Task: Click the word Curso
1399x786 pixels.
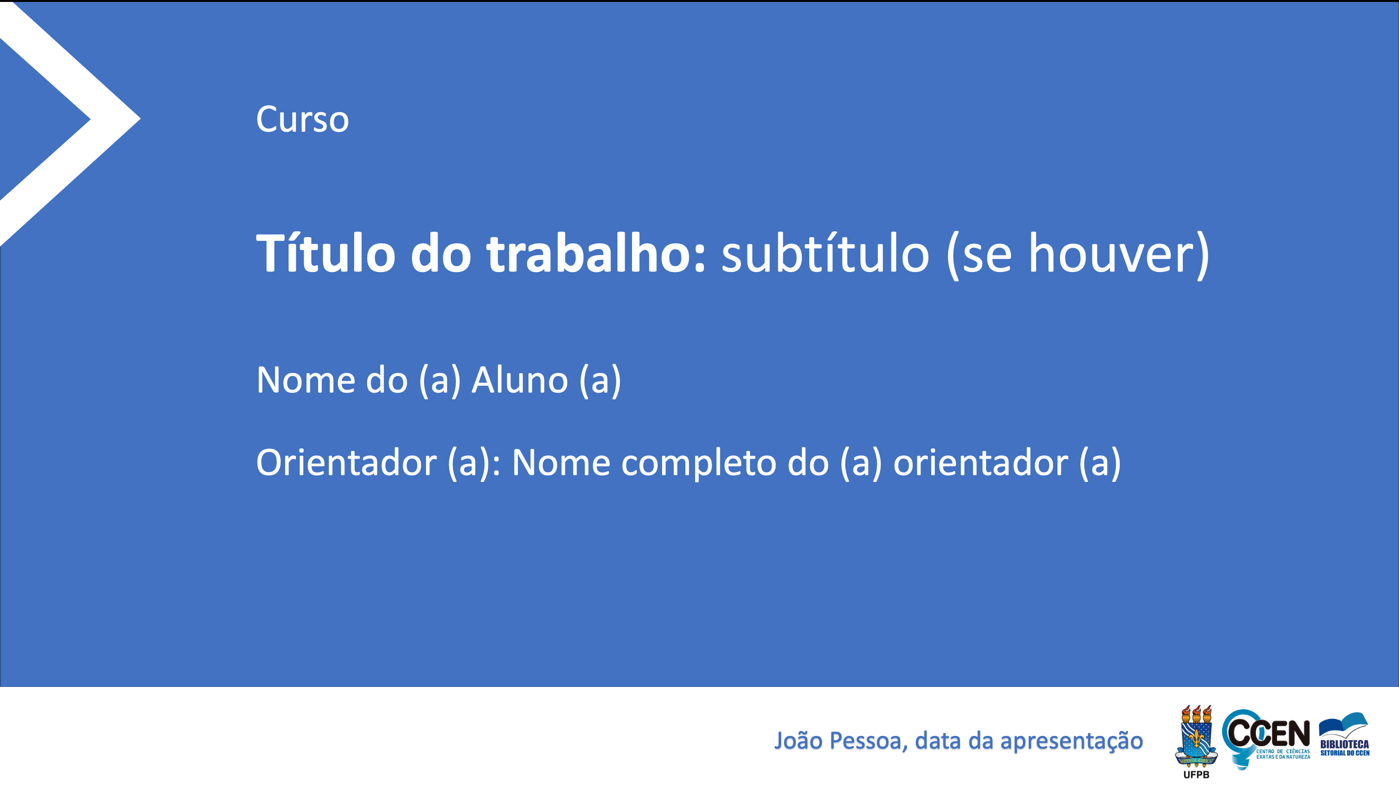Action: (x=302, y=120)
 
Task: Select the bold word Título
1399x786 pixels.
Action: (x=325, y=253)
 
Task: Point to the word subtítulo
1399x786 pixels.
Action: (x=825, y=254)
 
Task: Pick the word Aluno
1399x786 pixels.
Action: (x=520, y=380)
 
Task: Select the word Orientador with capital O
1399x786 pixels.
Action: (x=346, y=463)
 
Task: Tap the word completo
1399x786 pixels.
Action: (x=699, y=464)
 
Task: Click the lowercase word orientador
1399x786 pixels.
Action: (x=980, y=463)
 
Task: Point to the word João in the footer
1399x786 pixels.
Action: (x=798, y=740)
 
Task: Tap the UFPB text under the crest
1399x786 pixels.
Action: (x=1196, y=775)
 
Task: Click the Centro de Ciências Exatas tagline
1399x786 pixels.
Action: (x=1283, y=754)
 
